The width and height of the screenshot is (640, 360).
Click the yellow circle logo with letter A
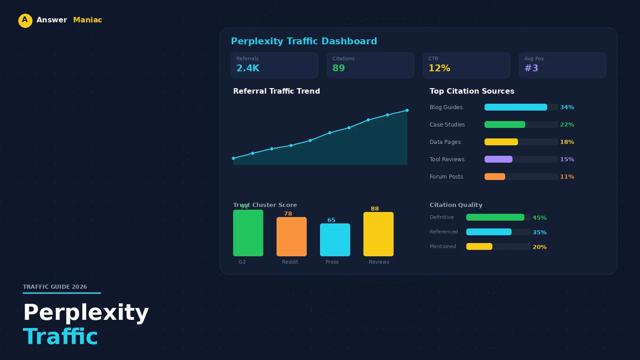[25, 21]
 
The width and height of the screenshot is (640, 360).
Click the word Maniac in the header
[87, 20]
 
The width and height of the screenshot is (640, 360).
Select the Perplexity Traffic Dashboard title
[304, 42]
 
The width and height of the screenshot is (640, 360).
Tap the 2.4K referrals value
[247, 69]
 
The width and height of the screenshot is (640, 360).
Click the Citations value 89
[338, 69]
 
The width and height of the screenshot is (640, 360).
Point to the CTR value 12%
[439, 69]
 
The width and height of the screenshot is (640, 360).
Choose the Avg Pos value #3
[531, 69]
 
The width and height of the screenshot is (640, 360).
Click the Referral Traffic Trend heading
[276, 91]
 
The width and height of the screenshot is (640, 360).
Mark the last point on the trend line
[407, 110]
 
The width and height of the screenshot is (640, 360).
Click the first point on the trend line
[234, 158]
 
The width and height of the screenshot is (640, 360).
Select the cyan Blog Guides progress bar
[516, 107]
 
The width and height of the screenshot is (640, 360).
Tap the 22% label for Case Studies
[567, 125]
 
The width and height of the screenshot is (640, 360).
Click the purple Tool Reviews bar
[498, 159]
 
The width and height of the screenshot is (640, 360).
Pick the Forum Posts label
[446, 177]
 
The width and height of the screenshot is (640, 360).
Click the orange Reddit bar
[291, 237]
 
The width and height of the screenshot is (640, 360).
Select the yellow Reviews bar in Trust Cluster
[378, 234]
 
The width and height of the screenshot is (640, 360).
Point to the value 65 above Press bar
[331, 220]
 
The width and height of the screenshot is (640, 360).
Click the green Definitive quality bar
[495, 217]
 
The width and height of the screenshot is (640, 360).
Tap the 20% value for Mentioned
[539, 247]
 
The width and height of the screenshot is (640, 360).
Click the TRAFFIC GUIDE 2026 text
[55, 287]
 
